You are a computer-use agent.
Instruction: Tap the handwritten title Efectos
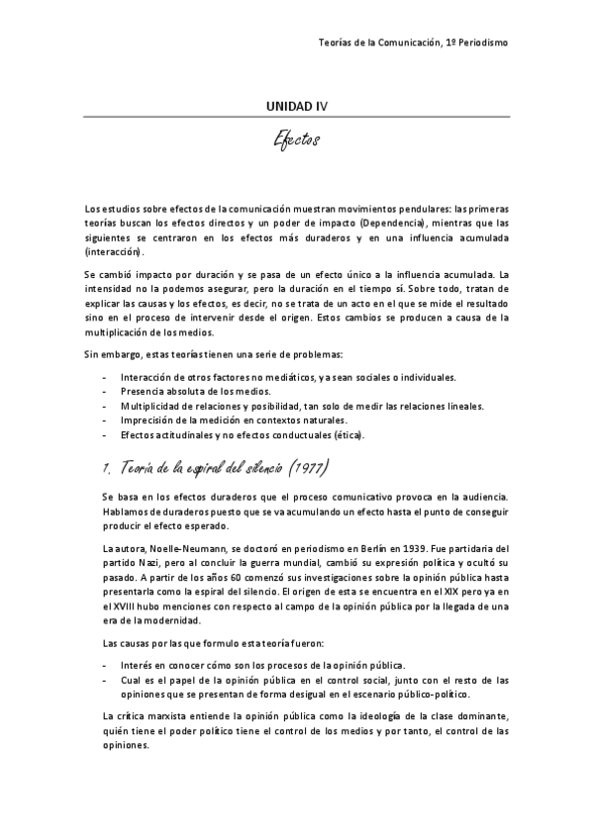296,141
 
